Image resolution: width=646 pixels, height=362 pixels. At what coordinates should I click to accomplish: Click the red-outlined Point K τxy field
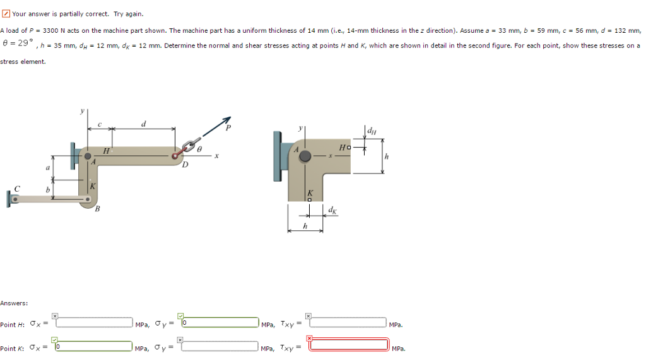[x=348, y=344]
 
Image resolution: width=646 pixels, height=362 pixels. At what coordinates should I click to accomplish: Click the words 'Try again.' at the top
[x=129, y=13]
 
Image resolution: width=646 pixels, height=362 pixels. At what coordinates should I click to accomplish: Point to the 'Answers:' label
[x=14, y=303]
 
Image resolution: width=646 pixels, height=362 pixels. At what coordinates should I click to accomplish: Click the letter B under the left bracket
[x=97, y=209]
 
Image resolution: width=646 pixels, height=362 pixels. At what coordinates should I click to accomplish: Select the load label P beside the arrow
[x=228, y=129]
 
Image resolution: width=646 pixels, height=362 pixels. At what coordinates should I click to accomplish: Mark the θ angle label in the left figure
[x=199, y=149]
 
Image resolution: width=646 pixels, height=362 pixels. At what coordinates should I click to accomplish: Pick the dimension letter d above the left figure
[x=143, y=124]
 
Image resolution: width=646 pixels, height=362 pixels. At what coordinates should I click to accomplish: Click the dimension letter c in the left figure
[x=99, y=124]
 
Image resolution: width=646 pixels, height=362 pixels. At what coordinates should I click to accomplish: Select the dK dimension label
[x=332, y=210]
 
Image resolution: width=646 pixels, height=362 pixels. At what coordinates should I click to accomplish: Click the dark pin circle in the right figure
[x=305, y=156]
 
